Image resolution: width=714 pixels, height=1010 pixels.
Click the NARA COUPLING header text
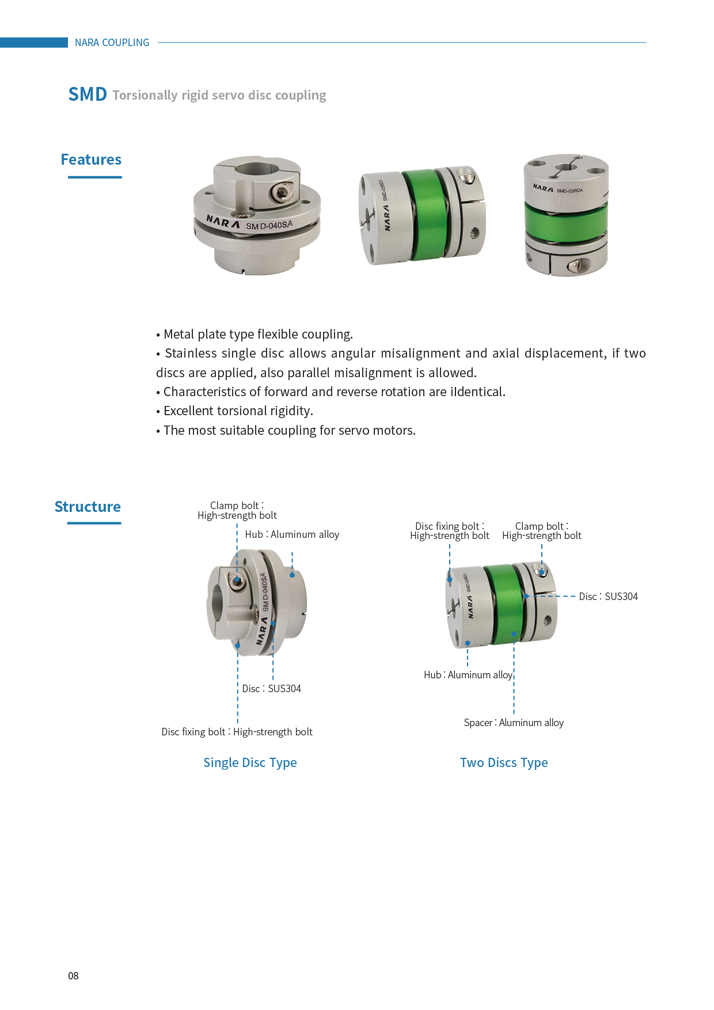(112, 43)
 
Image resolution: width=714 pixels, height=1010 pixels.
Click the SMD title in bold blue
(88, 94)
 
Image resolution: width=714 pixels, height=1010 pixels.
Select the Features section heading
(91, 160)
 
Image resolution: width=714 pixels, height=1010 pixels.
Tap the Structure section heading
(88, 507)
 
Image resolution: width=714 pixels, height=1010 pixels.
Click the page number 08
(73, 975)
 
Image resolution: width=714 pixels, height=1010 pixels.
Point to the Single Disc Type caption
(250, 762)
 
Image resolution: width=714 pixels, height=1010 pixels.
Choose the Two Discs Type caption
(504, 762)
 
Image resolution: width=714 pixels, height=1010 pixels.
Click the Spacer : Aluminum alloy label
(514, 723)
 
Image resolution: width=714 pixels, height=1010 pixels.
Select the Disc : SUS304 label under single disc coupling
(271, 689)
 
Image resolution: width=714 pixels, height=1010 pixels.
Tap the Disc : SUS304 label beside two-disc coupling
(608, 597)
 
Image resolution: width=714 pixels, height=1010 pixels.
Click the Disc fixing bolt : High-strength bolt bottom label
(237, 732)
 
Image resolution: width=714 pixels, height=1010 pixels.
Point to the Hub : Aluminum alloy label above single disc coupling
(292, 534)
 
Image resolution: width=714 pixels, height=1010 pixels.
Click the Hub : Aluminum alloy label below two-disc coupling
(468, 675)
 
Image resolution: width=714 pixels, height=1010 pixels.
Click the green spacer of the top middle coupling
(425, 214)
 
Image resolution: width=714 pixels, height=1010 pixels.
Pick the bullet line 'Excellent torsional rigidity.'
(238, 411)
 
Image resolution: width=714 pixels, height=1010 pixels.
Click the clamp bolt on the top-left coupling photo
(282, 192)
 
